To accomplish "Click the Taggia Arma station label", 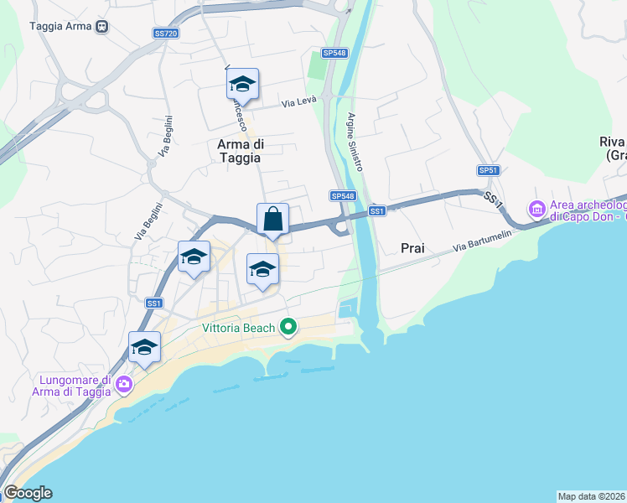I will [60, 26].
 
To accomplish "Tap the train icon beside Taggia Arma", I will [101, 26].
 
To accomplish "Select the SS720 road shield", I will [166, 34].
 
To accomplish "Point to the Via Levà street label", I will [298, 102].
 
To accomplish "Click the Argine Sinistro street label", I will [355, 143].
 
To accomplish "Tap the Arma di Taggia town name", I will [240, 151].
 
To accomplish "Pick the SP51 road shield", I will [488, 170].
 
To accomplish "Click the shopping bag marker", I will [272, 220].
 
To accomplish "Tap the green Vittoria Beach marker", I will [288, 327].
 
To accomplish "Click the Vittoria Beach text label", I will [238, 328].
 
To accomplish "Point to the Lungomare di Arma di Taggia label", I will [72, 385].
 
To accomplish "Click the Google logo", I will [28, 493].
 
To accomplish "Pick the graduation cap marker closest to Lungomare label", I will [144, 348].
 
